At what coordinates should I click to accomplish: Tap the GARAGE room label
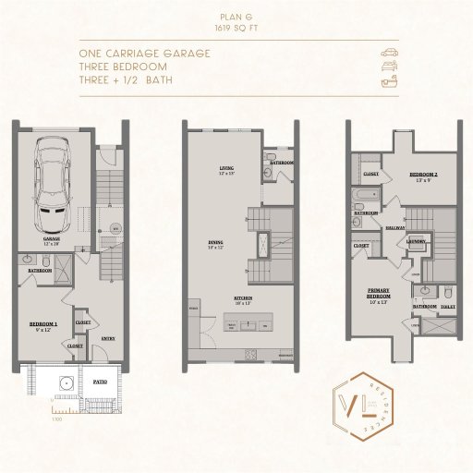click(54, 237)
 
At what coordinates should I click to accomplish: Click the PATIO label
click(100, 380)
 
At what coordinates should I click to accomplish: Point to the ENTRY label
click(108, 337)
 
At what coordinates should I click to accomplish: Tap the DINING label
click(216, 244)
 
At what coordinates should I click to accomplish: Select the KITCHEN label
click(242, 299)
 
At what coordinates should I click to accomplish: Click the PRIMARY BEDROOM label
click(380, 297)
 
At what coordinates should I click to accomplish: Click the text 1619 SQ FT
click(236, 29)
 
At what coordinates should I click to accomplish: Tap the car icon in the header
click(390, 53)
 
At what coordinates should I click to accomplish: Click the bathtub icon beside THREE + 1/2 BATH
click(390, 82)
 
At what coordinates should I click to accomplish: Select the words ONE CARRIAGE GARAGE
click(145, 54)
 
